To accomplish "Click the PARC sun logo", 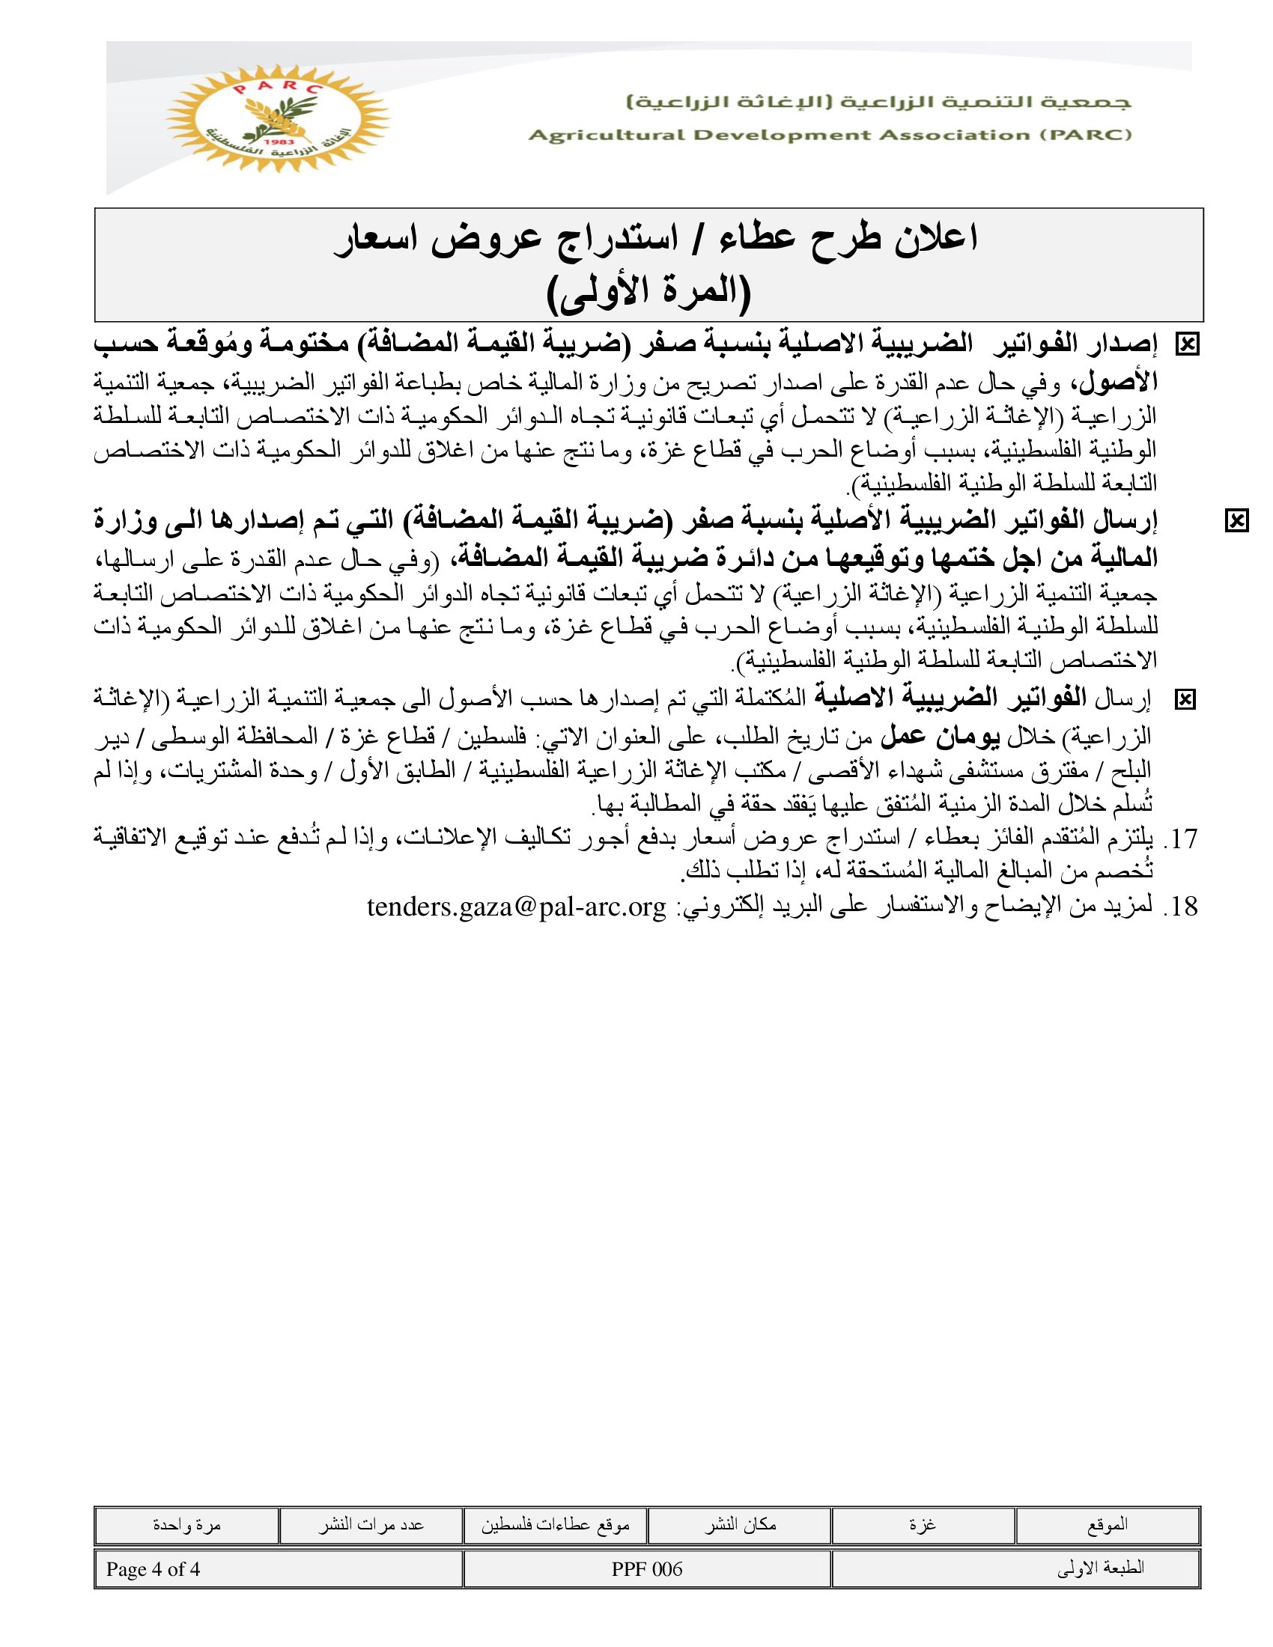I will pyautogui.click(x=279, y=119).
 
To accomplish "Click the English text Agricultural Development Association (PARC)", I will pyautogui.click(x=830, y=136).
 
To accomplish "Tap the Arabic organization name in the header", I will pyautogui.click(x=878, y=102).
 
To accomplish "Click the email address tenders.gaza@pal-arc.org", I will pyautogui.click(x=517, y=906).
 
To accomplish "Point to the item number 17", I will pyautogui.click(x=1181, y=838).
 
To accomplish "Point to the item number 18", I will pyautogui.click(x=1181, y=906).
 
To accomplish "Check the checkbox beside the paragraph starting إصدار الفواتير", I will pyautogui.click(x=1187, y=344).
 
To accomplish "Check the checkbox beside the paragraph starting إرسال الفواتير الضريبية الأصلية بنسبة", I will pyautogui.click(x=1237, y=520).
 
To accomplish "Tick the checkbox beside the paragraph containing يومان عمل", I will pyautogui.click(x=1185, y=700).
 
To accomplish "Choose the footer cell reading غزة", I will pyautogui.click(x=923, y=1526).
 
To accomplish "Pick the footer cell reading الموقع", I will pyautogui.click(x=1107, y=1526).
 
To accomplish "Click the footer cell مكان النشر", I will pyautogui.click(x=740, y=1526).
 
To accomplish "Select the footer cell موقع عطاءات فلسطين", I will pyautogui.click(x=555, y=1526).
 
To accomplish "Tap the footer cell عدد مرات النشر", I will pyautogui.click(x=370, y=1526).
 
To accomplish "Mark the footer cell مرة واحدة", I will pyautogui.click(x=186, y=1526).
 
